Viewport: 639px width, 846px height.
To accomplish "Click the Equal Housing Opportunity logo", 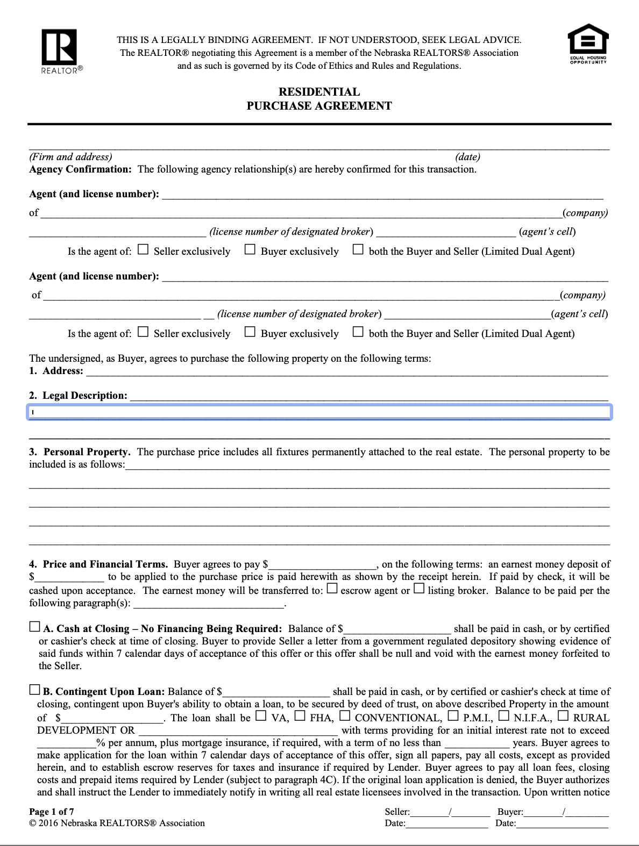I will pos(588,44).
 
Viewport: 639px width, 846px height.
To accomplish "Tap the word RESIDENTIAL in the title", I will pos(319,92).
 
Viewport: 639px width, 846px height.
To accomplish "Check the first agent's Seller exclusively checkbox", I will pos(143,250).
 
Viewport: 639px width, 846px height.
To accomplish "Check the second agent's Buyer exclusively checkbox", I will pos(250,332).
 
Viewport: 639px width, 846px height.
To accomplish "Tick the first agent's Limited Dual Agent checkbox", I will pos(358,250).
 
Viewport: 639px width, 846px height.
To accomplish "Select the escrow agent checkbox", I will pos(332,589).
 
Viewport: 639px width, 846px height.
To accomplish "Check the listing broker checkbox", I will pos(420,589).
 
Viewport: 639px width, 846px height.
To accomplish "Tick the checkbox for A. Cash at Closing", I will pos(34,627).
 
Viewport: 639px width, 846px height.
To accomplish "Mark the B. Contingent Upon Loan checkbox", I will pos(34,690).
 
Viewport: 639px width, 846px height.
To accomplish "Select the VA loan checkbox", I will pos(261,716).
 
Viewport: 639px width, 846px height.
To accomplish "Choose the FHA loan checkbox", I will pos(300,716).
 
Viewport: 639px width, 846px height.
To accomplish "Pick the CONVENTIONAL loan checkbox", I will pos(345,716).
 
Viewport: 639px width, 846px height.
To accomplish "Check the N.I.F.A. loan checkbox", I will pos(503,716).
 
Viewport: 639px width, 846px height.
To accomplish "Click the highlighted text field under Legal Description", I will pos(319,412).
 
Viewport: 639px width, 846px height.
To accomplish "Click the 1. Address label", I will pos(56,371).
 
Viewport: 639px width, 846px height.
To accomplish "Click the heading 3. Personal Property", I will pos(80,452).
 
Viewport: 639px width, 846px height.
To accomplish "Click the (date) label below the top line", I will pos(467,157).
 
